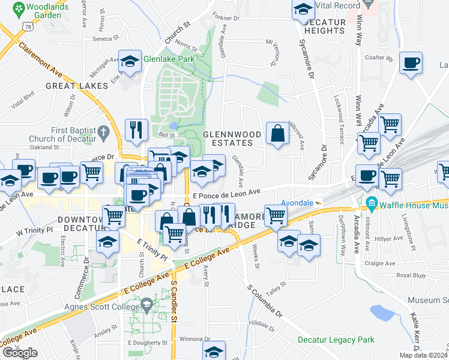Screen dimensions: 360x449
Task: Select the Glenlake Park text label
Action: click(x=169, y=59)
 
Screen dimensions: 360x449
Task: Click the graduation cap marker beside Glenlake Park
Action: click(x=130, y=61)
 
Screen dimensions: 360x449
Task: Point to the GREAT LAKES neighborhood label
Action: click(x=77, y=86)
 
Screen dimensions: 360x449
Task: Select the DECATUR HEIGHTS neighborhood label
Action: click(x=325, y=26)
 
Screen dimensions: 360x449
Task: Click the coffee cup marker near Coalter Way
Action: click(x=411, y=63)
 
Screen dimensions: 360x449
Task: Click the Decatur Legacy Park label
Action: click(x=336, y=340)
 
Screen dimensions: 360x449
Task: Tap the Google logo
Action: click(x=20, y=353)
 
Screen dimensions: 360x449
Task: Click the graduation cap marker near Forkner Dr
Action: click(x=304, y=9)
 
